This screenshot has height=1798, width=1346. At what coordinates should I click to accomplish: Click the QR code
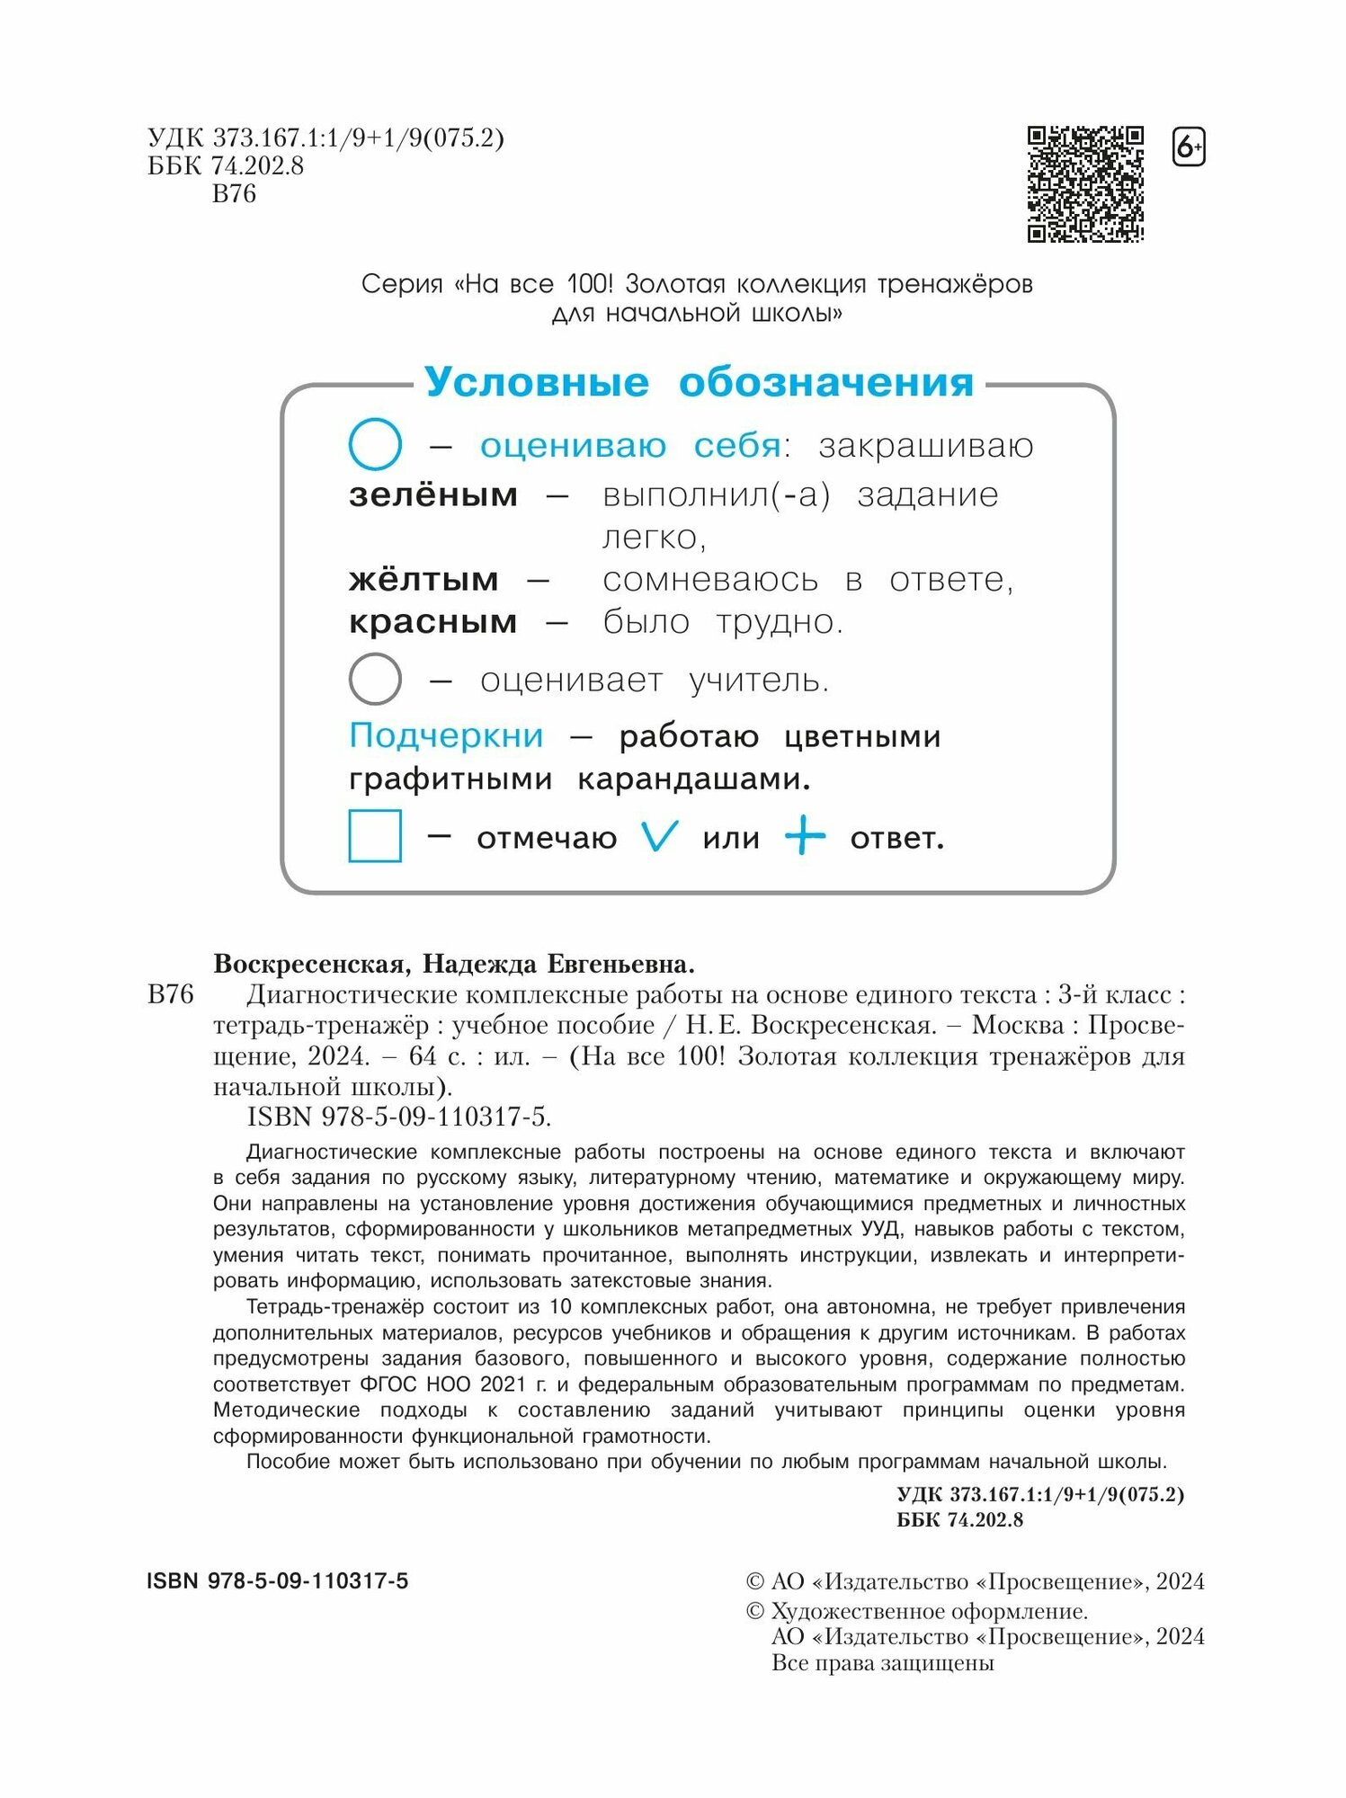(1085, 184)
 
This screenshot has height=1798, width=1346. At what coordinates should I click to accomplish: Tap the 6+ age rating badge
(1189, 147)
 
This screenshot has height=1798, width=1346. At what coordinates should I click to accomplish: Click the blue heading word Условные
(536, 382)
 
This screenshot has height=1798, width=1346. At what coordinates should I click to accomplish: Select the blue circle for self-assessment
(375, 444)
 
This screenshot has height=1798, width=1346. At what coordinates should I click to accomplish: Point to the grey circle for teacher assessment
(375, 679)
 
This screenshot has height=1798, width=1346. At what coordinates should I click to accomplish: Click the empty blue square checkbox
(375, 836)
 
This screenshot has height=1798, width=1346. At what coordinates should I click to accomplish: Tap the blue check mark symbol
(659, 837)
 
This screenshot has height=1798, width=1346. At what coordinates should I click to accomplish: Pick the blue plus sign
(805, 837)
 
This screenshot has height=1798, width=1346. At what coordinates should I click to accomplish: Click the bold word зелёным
(433, 494)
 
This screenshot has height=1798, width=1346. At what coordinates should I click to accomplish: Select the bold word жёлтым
(423, 579)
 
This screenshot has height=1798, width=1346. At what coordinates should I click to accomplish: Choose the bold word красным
(432, 621)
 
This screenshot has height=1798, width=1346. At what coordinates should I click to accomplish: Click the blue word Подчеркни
(446, 735)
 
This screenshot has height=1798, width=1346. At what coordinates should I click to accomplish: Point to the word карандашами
(693, 779)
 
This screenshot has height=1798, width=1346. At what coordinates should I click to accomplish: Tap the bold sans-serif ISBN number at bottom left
(277, 1580)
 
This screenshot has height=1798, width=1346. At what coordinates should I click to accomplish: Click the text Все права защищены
(882, 1663)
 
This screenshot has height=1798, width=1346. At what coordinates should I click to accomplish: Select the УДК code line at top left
(325, 138)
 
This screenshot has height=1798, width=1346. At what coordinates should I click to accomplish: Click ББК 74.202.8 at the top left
(226, 166)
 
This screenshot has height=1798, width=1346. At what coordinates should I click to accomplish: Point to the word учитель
(759, 681)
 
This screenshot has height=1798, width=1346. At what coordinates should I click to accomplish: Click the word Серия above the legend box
(402, 284)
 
